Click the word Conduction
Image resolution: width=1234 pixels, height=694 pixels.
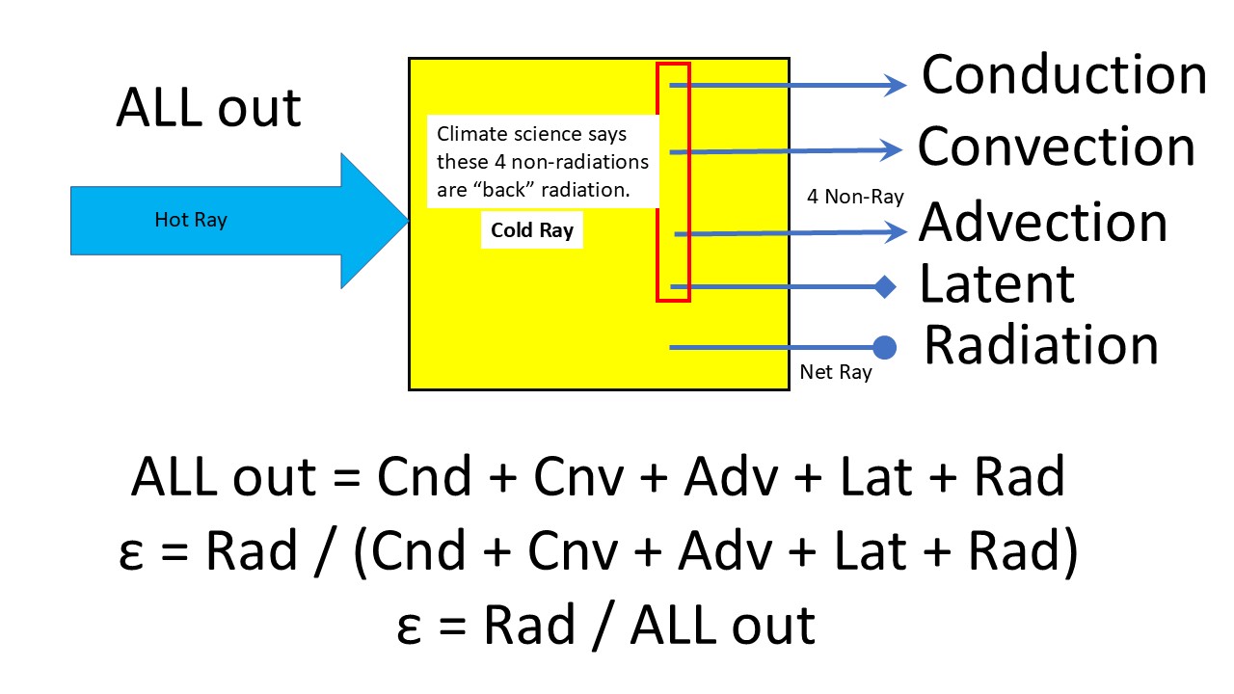point(1063,75)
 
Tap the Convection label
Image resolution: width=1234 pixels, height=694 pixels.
point(1056,147)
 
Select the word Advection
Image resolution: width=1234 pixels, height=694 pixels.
point(1043,222)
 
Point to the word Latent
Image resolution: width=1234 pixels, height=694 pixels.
point(997,283)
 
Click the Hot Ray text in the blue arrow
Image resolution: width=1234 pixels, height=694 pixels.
point(191,220)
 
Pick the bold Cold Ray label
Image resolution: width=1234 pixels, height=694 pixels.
point(531,230)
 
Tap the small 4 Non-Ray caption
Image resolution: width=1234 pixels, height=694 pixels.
point(855,197)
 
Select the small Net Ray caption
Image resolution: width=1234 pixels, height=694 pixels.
point(835,372)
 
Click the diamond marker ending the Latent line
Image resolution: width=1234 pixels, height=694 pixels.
point(885,286)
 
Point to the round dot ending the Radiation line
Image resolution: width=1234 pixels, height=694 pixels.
point(884,347)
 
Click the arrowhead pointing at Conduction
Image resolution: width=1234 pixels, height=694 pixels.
point(897,86)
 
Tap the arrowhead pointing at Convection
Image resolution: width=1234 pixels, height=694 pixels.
point(892,150)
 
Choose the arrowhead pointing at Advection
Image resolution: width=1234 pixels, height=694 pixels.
point(897,231)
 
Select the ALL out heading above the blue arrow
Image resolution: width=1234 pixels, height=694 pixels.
point(208,107)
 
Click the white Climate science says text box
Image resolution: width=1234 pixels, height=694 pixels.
point(543,162)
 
